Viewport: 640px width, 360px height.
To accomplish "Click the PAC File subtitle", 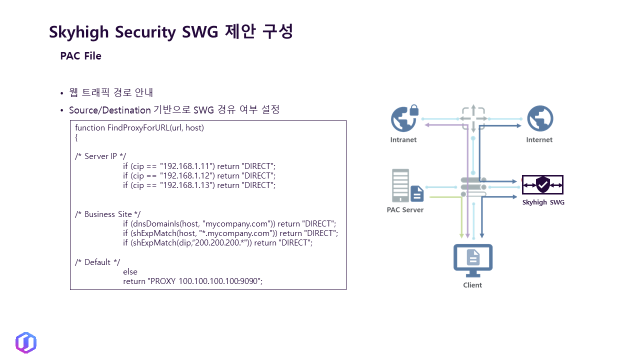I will coord(80,56).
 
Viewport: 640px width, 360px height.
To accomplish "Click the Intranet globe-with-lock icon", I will coord(404,118).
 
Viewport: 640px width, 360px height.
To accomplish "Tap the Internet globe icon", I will coord(539,118).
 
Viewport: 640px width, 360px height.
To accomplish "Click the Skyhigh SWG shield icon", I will coord(542,184).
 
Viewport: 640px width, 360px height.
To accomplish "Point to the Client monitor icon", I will coord(472,260).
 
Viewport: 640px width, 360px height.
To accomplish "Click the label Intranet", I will coord(403,140).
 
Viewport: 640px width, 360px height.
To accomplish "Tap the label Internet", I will coord(539,140).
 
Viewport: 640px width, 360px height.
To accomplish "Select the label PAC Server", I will coord(405,210).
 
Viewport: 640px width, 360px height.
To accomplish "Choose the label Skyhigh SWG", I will coord(543,202).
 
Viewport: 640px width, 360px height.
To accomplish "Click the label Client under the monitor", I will coord(472,285).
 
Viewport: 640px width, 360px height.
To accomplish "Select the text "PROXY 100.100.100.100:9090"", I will coord(205,281).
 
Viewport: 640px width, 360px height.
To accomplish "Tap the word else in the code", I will coord(130,272).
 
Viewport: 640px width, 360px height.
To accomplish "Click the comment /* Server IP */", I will coord(100,156).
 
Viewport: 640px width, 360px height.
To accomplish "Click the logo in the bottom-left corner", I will coord(26,342).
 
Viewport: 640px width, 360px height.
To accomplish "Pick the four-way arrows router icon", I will coord(472,119).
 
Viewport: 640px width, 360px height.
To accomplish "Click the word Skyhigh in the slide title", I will coord(79,32).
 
